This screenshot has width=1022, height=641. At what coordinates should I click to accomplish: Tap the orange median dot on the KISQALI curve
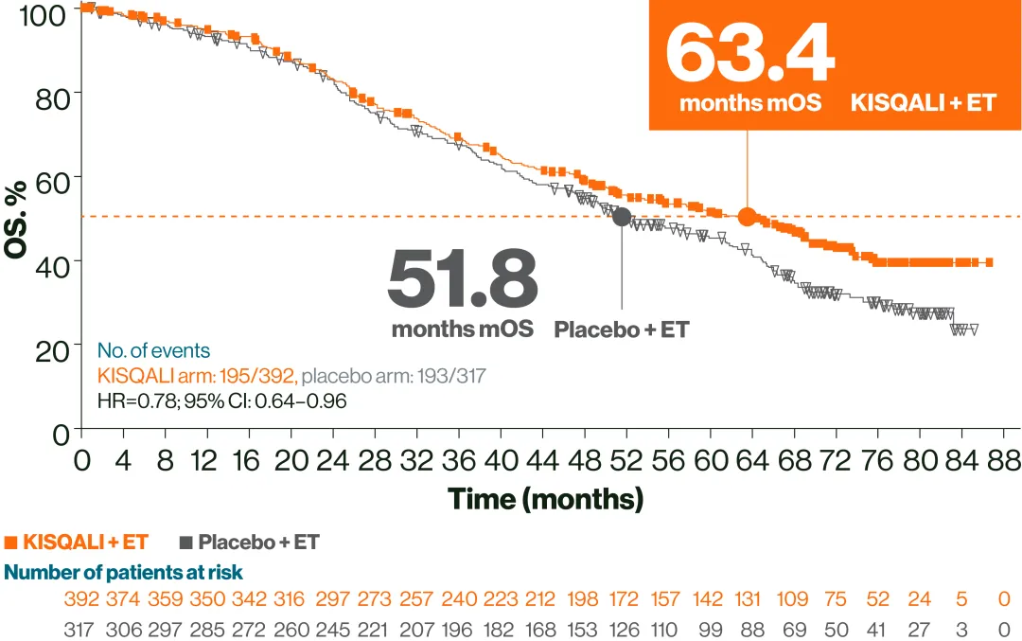click(748, 217)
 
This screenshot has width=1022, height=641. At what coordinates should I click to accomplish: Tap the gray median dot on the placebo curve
click(622, 217)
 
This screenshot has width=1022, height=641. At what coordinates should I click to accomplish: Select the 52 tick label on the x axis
click(626, 461)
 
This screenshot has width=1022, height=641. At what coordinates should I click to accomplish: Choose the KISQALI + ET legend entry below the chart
click(78, 543)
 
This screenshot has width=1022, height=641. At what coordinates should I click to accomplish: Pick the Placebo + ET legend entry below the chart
click(249, 543)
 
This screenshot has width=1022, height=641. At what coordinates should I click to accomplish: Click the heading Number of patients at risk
click(124, 572)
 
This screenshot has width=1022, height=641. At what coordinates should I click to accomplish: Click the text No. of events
click(153, 351)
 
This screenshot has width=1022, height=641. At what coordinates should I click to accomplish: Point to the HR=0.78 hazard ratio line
click(221, 401)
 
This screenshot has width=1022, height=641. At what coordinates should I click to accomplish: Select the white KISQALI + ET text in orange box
click(923, 102)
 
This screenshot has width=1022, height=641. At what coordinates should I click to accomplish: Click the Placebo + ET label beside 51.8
click(621, 330)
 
